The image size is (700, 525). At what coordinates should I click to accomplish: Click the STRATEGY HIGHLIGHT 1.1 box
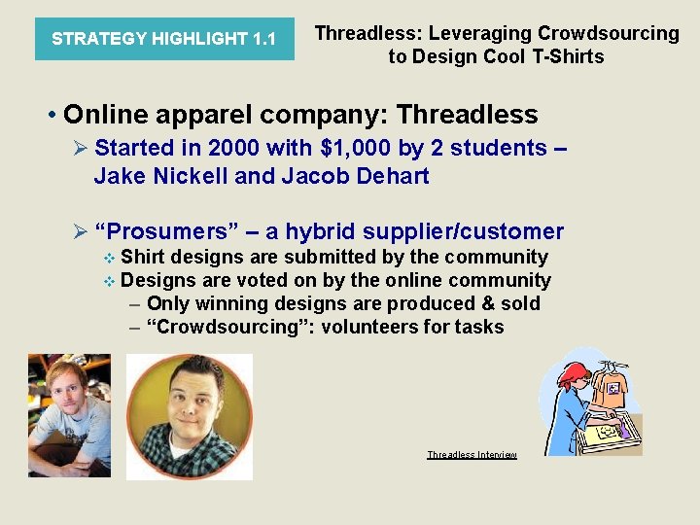163,39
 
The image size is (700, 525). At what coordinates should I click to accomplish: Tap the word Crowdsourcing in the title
609,33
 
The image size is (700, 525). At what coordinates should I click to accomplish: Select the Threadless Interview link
472,455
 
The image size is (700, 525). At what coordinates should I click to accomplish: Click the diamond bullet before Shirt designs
110,258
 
